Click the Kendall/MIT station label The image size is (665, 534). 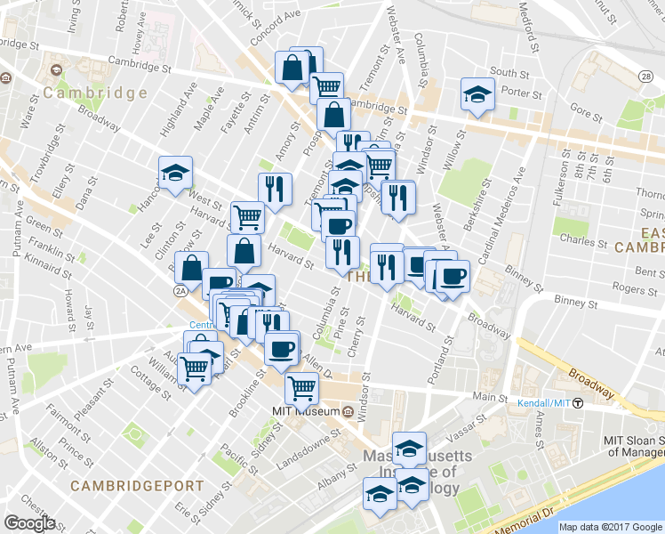tap(544, 403)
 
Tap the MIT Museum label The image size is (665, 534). tap(305, 412)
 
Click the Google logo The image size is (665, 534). tap(30, 522)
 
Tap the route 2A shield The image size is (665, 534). tap(182, 289)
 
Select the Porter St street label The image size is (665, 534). tap(525, 93)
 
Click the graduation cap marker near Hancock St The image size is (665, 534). tap(175, 174)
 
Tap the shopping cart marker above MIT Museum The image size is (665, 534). tap(301, 388)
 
